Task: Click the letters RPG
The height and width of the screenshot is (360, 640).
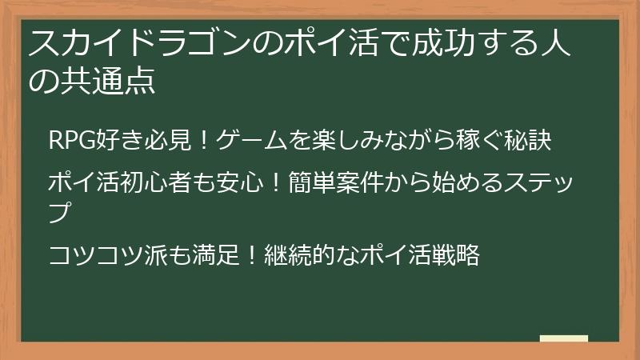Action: point(73,140)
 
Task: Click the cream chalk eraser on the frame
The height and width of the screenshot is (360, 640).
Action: point(564,339)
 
